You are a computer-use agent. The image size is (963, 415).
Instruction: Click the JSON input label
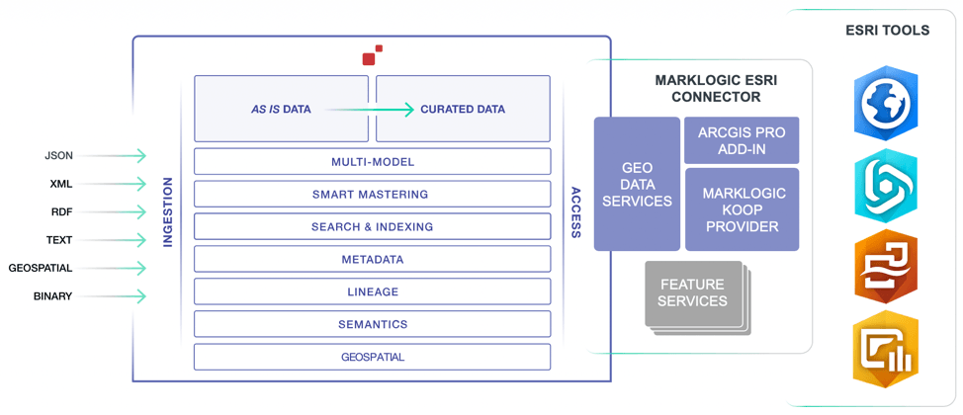point(59,156)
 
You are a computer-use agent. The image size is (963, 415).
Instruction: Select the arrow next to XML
point(126,184)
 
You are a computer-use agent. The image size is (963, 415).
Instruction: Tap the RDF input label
point(61,212)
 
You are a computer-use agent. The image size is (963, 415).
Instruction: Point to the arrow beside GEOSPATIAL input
point(126,269)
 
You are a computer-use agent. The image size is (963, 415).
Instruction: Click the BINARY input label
point(52,296)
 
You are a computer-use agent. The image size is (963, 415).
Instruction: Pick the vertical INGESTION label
point(168,212)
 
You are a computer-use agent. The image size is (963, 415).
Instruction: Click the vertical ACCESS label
point(575,212)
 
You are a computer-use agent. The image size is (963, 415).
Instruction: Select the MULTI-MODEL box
point(372,162)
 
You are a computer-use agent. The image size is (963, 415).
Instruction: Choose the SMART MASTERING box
point(372,195)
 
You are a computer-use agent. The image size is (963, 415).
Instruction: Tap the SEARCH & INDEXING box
point(372,227)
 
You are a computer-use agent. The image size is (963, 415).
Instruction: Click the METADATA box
point(372,260)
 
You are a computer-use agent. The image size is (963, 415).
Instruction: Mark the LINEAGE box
point(372,292)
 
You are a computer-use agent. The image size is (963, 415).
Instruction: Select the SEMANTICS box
point(372,324)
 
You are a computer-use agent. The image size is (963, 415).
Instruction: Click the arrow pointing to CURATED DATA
point(370,110)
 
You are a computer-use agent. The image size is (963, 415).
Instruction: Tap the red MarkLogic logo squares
point(372,55)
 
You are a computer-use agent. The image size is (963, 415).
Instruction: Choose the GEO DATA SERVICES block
point(637,184)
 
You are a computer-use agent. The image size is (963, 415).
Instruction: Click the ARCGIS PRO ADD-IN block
point(742,140)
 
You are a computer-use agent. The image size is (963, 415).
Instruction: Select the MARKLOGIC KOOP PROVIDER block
point(742,209)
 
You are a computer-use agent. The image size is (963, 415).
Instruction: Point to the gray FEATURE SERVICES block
point(692,293)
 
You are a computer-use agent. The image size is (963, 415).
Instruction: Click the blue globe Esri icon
point(887,103)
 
